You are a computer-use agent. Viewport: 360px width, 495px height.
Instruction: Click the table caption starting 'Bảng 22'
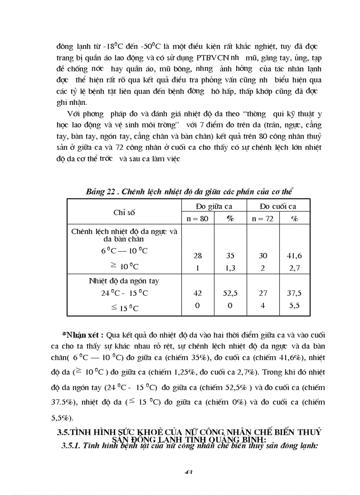pyautogui.click(x=190, y=191)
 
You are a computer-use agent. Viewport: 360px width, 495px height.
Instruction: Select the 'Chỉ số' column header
pyautogui.click(x=124, y=212)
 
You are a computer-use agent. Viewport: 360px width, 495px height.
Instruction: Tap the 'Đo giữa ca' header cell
pyautogui.click(x=214, y=206)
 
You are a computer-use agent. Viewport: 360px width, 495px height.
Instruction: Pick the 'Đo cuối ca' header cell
pyautogui.click(x=278, y=206)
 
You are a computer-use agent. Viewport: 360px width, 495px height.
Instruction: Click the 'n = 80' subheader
pyautogui.click(x=199, y=219)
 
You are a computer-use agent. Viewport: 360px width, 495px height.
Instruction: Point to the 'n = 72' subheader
pyautogui.click(x=262, y=219)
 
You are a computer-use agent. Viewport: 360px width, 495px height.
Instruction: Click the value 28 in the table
pyautogui.click(x=198, y=256)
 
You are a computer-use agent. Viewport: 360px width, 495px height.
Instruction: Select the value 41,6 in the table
pyautogui.click(x=294, y=256)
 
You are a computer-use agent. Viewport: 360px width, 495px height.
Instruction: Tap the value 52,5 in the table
pyautogui.click(x=230, y=293)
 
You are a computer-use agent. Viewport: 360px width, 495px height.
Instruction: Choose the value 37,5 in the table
pyautogui.click(x=294, y=293)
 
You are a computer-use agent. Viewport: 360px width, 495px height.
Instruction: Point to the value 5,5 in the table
pyautogui.click(x=294, y=305)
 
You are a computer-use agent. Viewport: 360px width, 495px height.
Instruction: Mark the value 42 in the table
pyautogui.click(x=198, y=293)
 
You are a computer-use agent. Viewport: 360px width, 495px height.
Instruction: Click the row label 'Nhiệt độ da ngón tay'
pyautogui.click(x=124, y=281)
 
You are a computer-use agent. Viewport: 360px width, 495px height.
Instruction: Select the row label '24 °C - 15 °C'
pyautogui.click(x=124, y=293)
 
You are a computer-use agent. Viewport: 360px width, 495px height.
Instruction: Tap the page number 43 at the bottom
pyautogui.click(x=188, y=472)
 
